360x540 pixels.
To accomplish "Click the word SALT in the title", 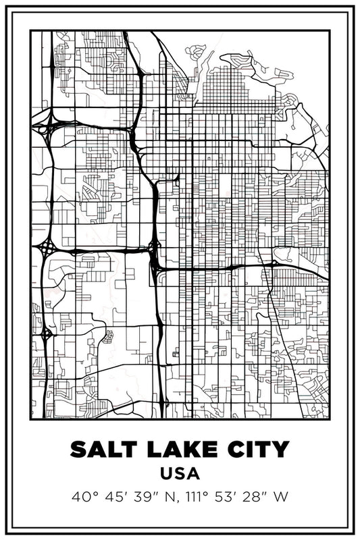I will pos(101,448).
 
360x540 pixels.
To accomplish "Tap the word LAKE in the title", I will pos(176,448).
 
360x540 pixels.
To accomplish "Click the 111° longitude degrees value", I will pos(198,497).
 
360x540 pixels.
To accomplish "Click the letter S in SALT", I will pos(78,448).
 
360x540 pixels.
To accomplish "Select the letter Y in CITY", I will pos(280,448).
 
